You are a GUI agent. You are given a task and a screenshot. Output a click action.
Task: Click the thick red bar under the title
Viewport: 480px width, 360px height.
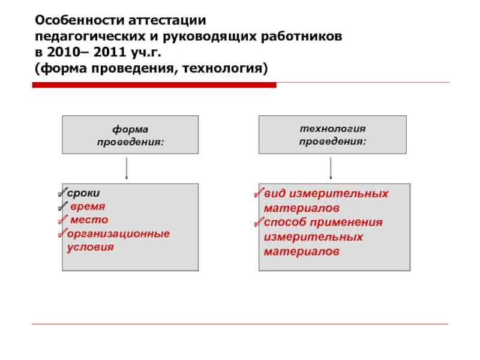pos(154,86)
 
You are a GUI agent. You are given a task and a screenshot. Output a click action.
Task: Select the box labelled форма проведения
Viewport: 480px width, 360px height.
pos(130,135)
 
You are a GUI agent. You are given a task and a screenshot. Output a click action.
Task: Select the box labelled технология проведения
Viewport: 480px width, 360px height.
pos(332,135)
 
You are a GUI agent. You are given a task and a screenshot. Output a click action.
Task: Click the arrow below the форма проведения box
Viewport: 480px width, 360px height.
pos(127,169)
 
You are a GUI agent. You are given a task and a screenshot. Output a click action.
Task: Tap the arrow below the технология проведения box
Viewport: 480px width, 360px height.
pos(331,169)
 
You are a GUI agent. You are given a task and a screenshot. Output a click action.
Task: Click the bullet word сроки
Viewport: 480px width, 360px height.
pos(83,194)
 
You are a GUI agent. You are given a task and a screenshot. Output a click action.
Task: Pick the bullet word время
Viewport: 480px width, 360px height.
pos(88,207)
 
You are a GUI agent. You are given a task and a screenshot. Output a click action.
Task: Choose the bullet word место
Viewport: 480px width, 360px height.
pos(89,220)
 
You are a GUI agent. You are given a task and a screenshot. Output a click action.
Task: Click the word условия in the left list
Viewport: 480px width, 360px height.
pos(90,247)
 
